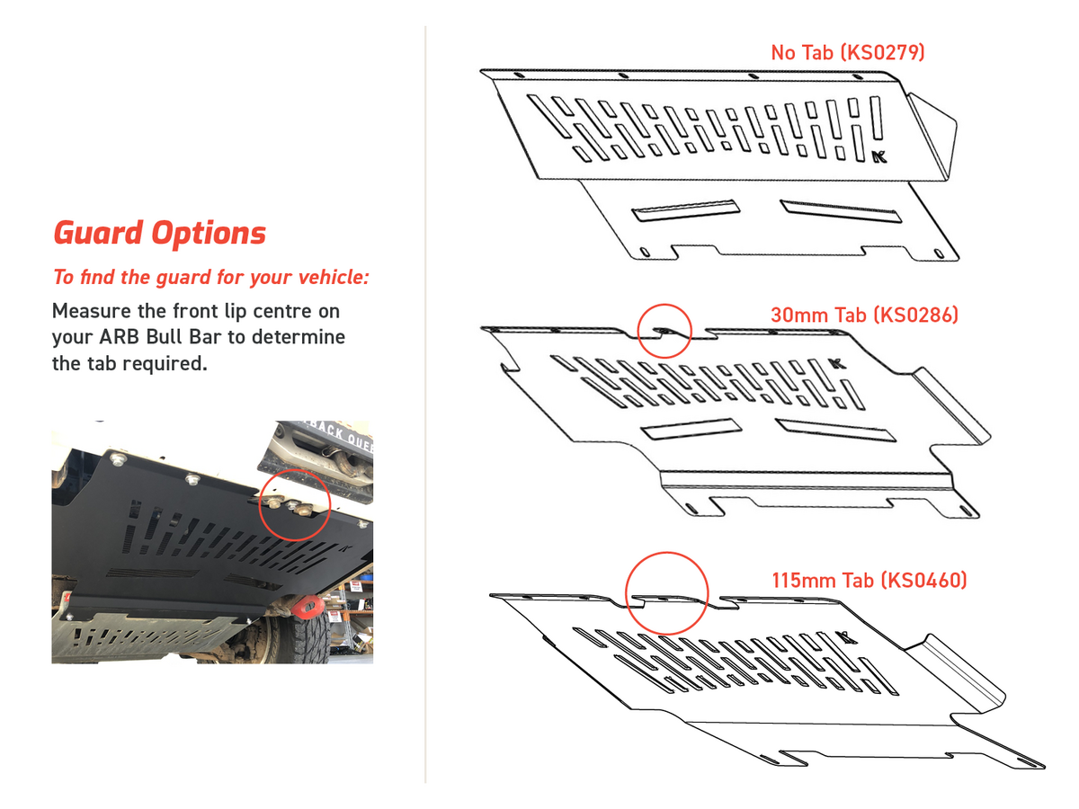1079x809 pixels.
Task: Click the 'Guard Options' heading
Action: coord(160,234)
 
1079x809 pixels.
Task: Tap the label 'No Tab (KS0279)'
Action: coord(847,52)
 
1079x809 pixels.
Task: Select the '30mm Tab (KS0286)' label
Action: coord(864,316)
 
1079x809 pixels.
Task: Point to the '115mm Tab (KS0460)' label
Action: coord(869,581)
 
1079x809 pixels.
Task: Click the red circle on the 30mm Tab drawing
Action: coord(664,330)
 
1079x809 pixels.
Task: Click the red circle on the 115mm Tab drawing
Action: coord(666,594)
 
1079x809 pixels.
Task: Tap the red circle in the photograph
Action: coord(295,503)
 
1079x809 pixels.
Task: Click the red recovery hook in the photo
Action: coord(309,609)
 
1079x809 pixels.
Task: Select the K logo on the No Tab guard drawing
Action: coord(880,156)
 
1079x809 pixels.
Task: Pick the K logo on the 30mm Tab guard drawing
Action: coord(838,363)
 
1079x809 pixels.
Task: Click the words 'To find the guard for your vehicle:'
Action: coord(211,277)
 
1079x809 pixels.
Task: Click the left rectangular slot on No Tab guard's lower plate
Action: coord(686,210)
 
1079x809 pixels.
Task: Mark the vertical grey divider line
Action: coord(425,404)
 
